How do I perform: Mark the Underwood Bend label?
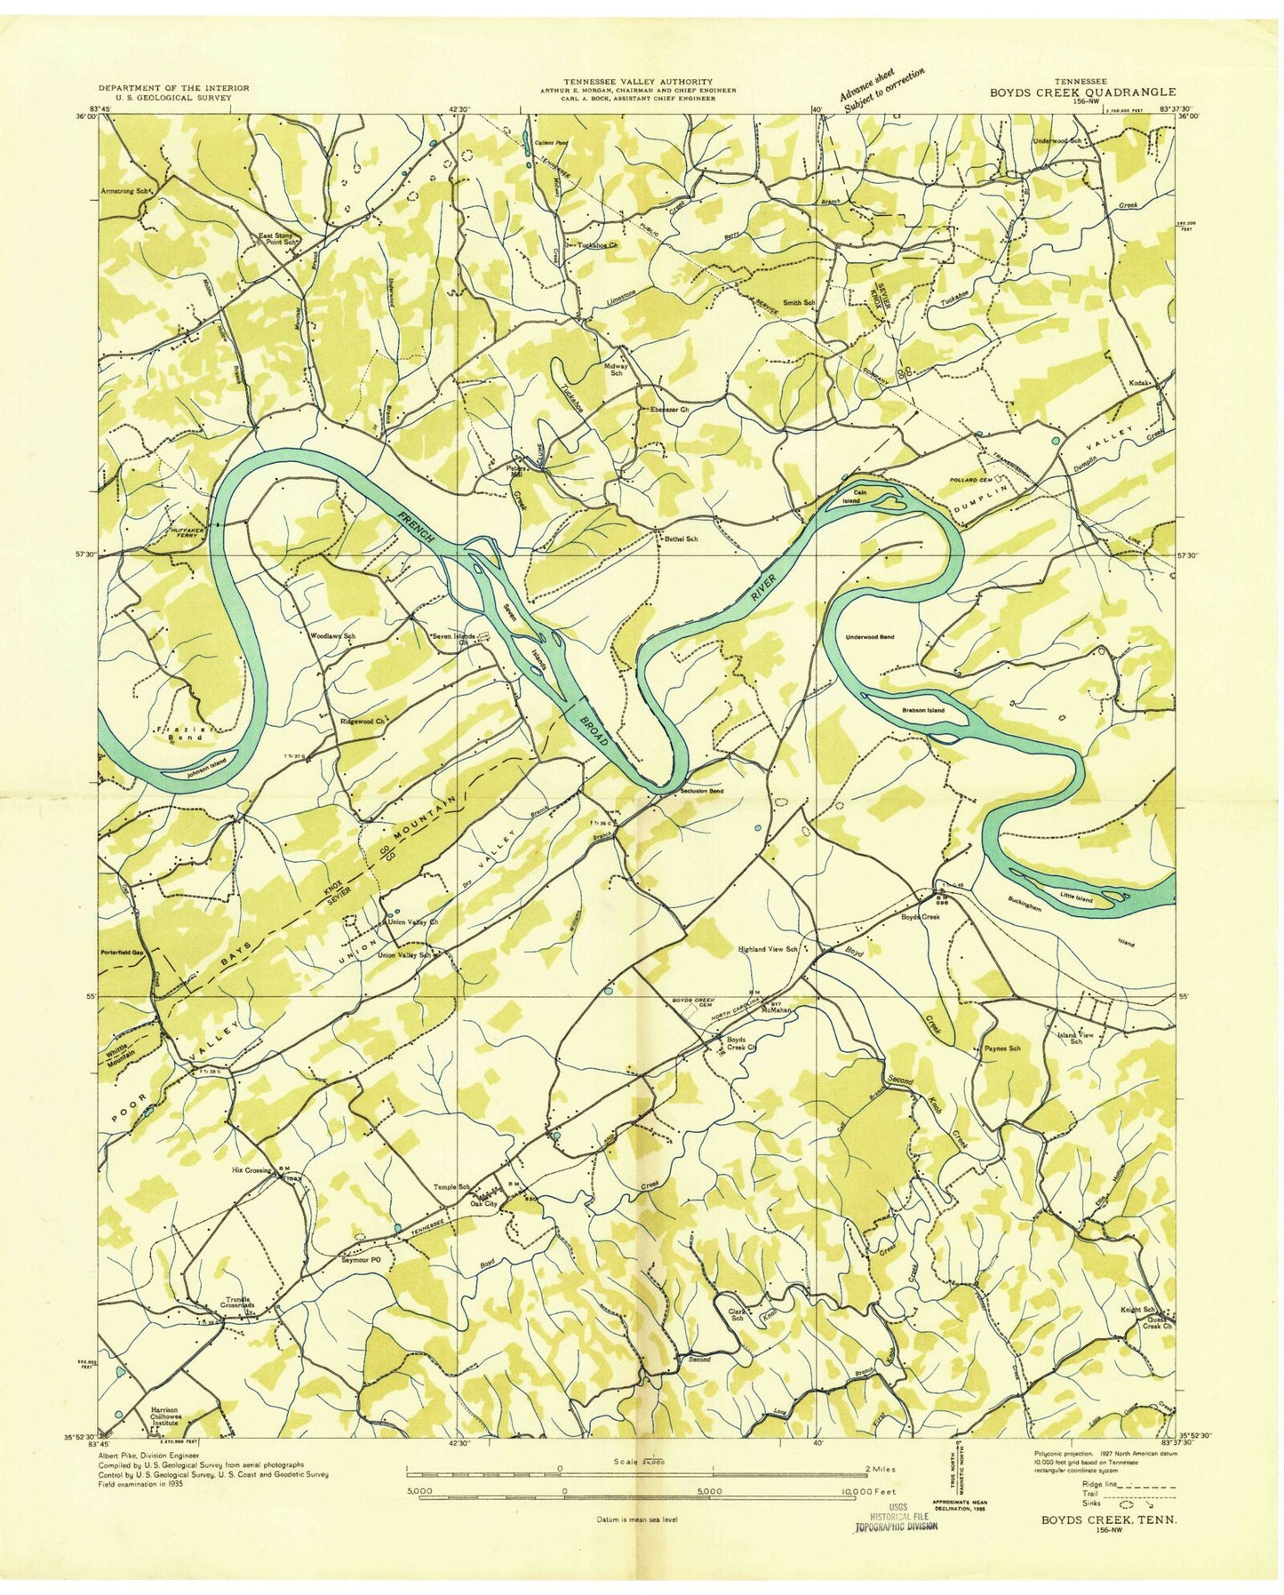(x=869, y=638)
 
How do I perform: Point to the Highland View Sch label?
(x=776, y=949)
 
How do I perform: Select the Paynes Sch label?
(x=1001, y=1049)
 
